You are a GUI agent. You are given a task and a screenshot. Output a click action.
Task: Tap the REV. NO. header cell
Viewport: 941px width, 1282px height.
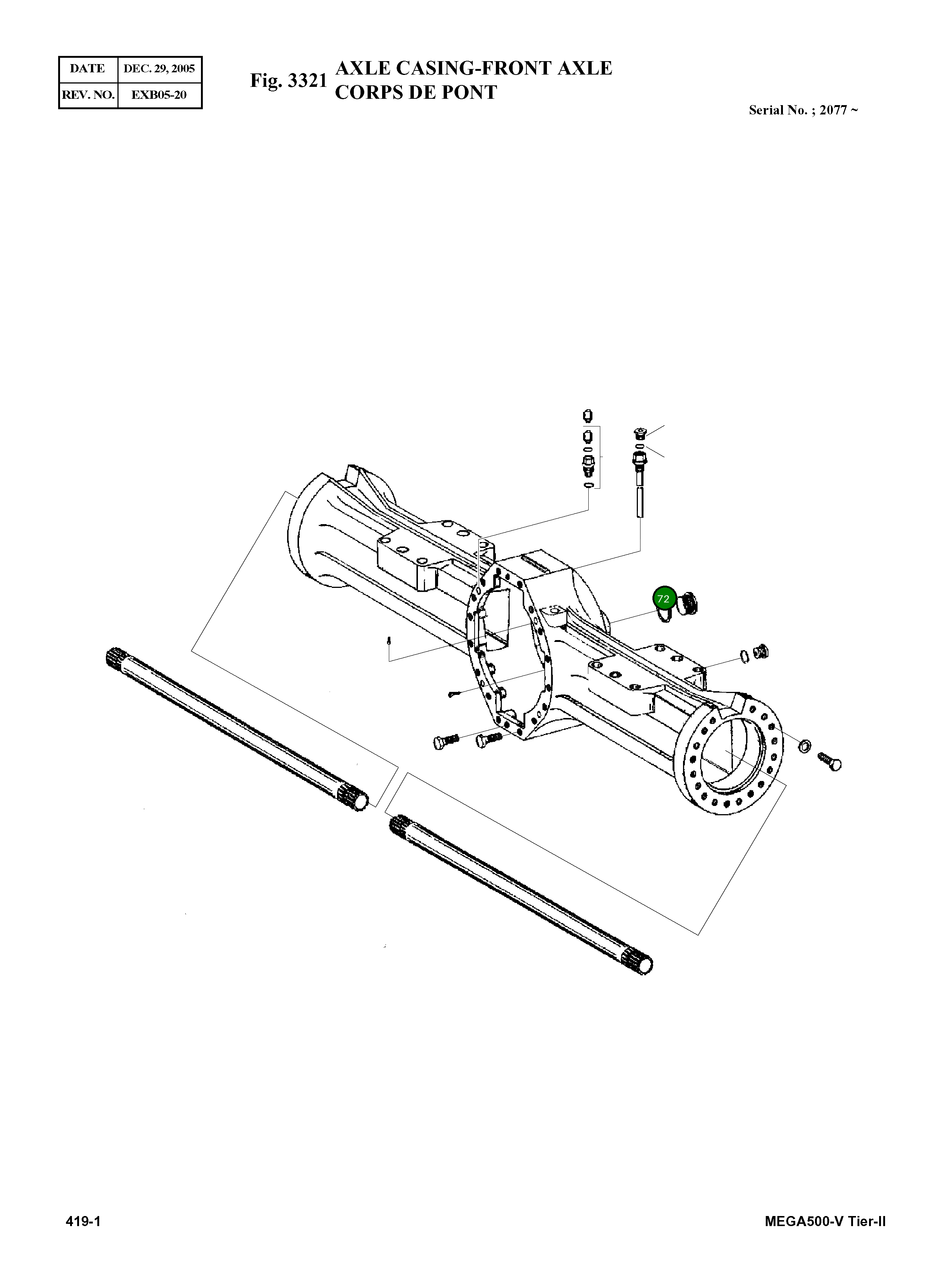coord(88,95)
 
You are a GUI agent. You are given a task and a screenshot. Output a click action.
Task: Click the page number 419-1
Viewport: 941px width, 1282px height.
coord(83,1221)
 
